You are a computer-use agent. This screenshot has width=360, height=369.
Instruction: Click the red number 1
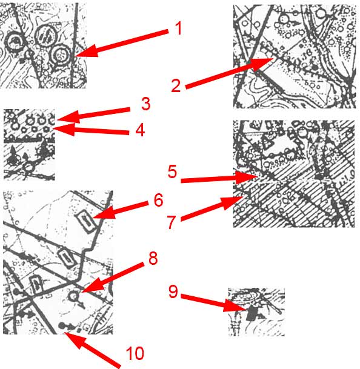click(179, 28)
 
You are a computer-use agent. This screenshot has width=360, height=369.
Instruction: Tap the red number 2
click(176, 86)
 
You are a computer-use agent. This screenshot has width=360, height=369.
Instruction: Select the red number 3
click(145, 104)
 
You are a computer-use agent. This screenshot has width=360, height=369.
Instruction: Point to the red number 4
click(140, 130)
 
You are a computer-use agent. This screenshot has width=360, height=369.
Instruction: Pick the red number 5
click(172, 171)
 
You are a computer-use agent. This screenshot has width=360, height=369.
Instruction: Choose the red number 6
click(158, 200)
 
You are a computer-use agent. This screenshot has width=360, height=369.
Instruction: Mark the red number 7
click(172, 222)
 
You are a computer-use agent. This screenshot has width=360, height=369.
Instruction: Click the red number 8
click(153, 258)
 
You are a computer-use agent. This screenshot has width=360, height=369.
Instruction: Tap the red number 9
click(173, 292)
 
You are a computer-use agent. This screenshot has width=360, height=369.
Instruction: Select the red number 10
click(135, 353)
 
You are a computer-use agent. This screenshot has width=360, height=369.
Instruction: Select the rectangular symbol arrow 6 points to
click(86, 221)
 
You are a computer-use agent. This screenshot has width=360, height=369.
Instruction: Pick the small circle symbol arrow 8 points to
click(73, 296)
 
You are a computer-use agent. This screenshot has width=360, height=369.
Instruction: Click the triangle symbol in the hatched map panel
click(267, 143)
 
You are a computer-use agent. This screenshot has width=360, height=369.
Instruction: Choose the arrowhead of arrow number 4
click(63, 129)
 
